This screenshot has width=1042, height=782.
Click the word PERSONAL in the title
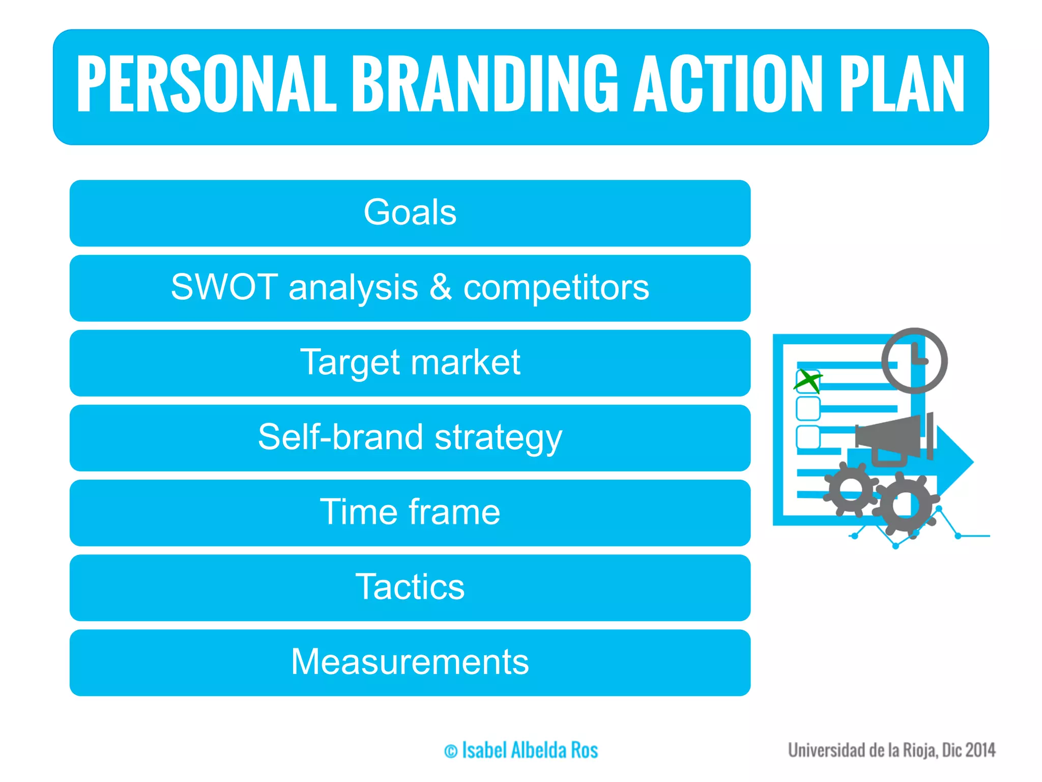tap(206, 84)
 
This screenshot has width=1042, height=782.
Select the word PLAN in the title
tap(901, 84)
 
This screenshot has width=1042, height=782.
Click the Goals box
tap(410, 213)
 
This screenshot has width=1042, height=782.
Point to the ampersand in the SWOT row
tap(441, 287)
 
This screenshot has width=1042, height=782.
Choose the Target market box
tap(410, 362)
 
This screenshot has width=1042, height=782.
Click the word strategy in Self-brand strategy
tap(499, 438)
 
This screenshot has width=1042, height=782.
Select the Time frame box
tap(410, 512)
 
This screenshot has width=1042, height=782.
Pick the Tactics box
tap(410, 587)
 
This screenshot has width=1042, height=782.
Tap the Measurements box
tap(410, 662)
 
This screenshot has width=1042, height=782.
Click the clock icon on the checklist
tap(914, 360)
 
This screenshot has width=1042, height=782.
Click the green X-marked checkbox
tap(807, 381)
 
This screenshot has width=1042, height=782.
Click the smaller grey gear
tap(851, 489)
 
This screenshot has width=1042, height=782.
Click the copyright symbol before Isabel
tap(451, 751)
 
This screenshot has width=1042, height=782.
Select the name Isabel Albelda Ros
tap(530, 750)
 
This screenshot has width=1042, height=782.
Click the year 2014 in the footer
tap(980, 750)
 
